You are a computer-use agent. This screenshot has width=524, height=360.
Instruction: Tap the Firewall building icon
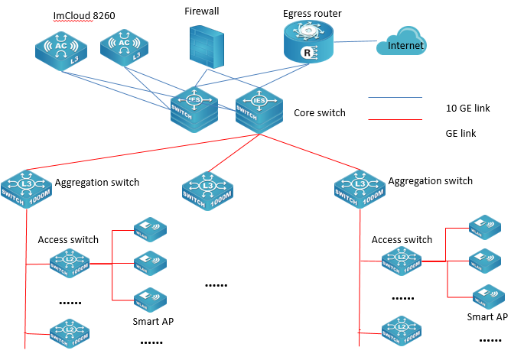coord(207,45)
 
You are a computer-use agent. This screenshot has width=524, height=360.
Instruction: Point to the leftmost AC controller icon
coord(62,50)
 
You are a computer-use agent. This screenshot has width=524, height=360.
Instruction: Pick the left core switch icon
coord(193,109)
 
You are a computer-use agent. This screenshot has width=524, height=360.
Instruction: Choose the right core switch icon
coord(257,109)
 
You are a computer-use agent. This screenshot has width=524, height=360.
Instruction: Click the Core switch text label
coord(320,113)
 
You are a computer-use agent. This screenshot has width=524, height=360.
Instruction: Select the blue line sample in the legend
coord(395,98)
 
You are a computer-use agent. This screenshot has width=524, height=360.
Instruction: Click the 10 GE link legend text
coord(467,109)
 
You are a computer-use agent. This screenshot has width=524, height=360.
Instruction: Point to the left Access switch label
coord(68,239)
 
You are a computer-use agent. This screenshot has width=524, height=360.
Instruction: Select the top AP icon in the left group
coord(149,229)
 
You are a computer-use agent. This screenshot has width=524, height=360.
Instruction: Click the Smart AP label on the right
coord(488,316)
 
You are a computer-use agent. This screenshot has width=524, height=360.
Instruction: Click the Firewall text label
coord(202,11)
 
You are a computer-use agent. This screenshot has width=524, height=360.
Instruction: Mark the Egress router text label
coord(312,13)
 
